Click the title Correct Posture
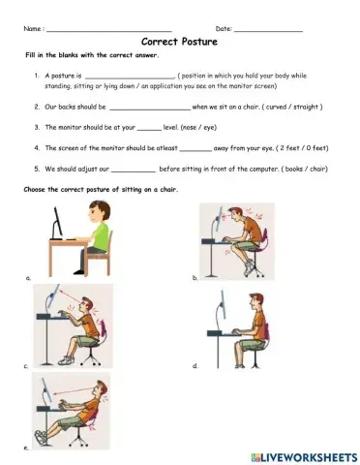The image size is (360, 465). pyautogui.click(x=179, y=44)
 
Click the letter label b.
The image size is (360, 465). pyautogui.click(x=195, y=278)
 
